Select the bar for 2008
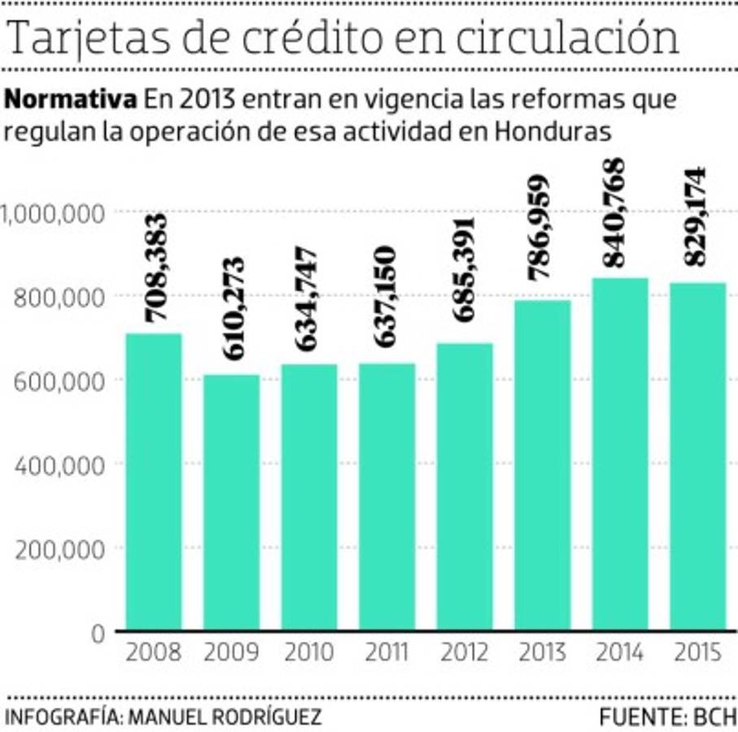(154, 481)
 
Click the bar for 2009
(232, 502)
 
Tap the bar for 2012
(464, 486)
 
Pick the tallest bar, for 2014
(620, 454)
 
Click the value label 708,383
(155, 268)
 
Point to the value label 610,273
(233, 309)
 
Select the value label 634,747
(309, 298)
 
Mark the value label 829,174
(697, 216)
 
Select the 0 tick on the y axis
(98, 633)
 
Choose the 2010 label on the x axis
(309, 653)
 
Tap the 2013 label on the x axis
(542, 653)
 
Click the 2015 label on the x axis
(697, 653)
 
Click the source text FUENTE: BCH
(667, 717)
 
